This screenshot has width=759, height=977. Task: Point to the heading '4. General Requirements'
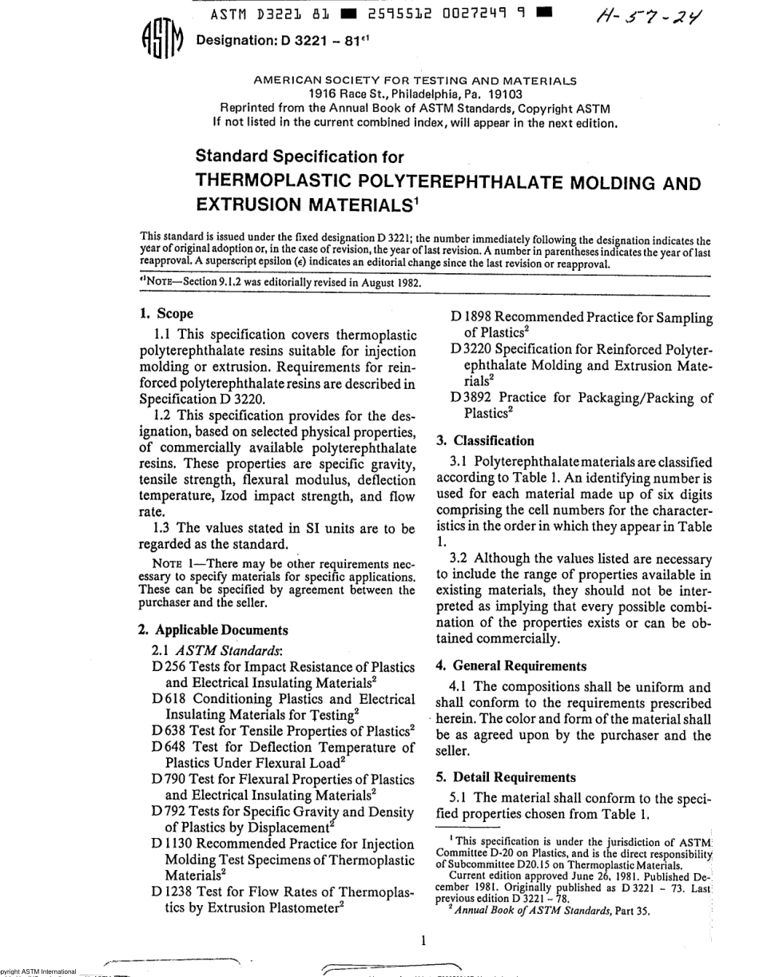(x=511, y=665)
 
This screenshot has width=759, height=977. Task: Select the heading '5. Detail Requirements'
(x=506, y=777)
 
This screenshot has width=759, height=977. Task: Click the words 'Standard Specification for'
(x=300, y=157)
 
